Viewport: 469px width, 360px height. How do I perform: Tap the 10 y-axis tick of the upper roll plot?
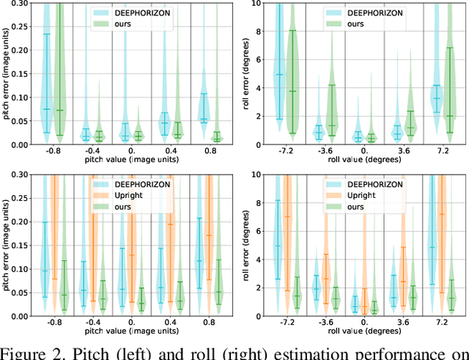coord(254,3)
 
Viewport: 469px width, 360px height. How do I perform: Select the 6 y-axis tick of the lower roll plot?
coord(256,231)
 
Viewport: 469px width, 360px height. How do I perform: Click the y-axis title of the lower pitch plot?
coord(7,245)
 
